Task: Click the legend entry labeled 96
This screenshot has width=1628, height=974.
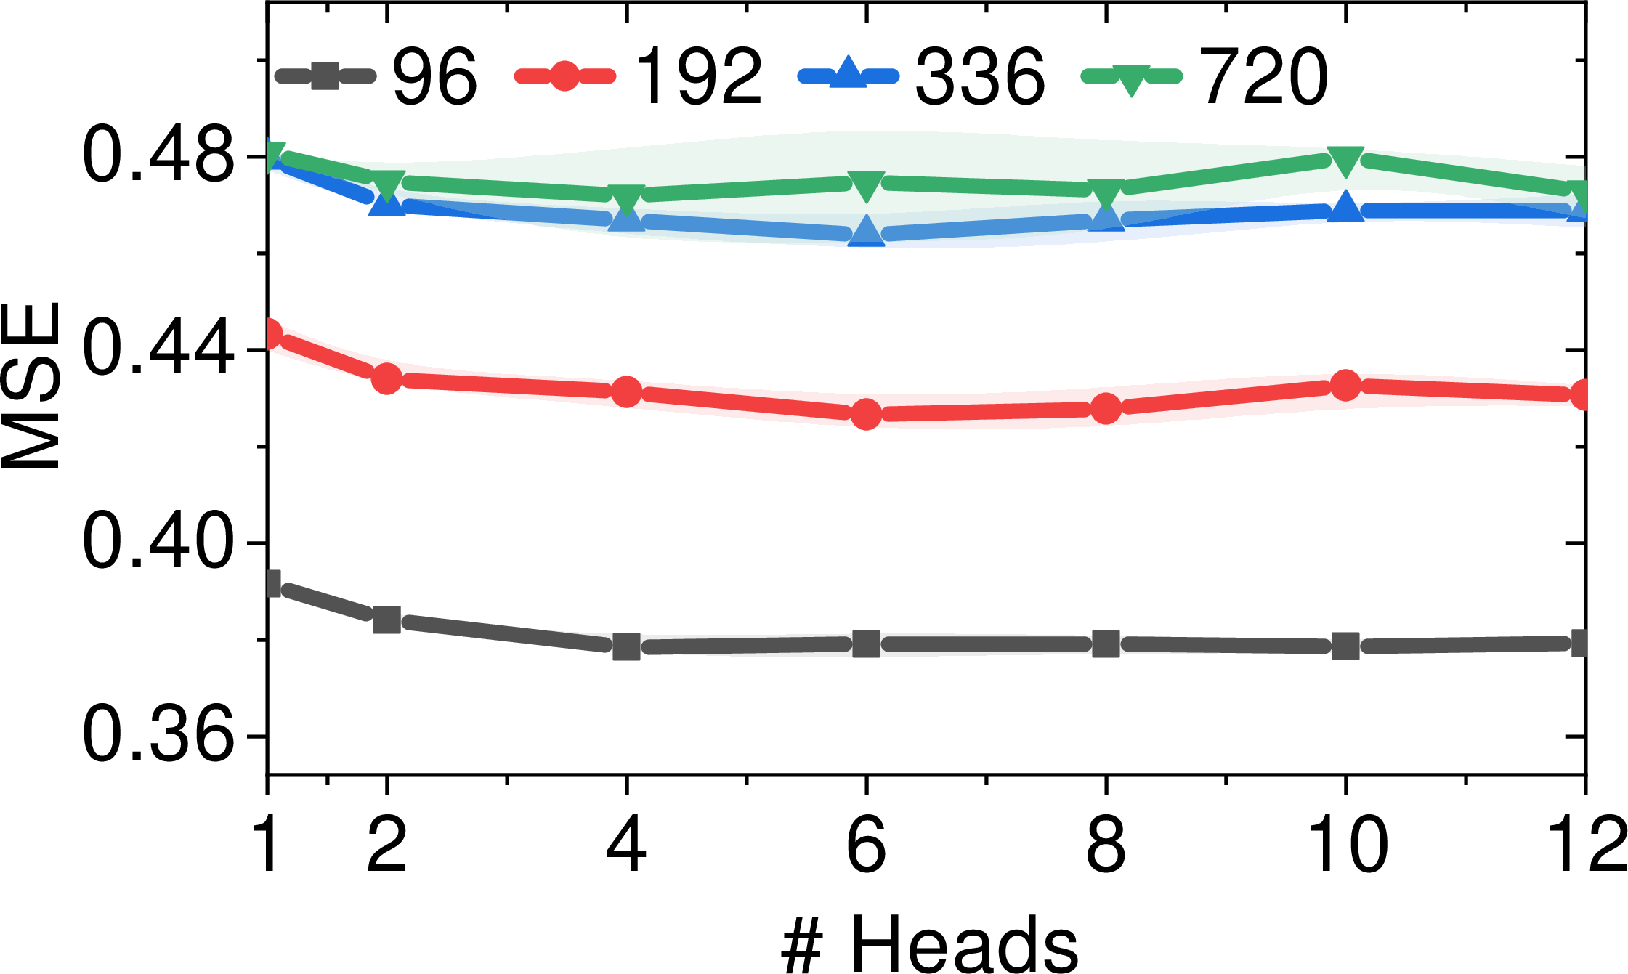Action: (x=376, y=76)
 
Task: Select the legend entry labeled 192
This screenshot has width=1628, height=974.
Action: (x=639, y=76)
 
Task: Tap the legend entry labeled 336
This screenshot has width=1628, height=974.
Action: (x=921, y=76)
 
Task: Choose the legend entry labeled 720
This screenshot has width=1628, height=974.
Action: (x=1204, y=76)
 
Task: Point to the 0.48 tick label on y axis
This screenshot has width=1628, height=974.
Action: (x=159, y=157)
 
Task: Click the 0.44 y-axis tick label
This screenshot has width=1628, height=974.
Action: (x=159, y=350)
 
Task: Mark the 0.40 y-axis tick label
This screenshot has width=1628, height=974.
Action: (x=159, y=543)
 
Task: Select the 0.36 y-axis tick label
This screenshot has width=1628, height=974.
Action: (x=159, y=736)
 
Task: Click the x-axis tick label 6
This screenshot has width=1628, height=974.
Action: (x=866, y=845)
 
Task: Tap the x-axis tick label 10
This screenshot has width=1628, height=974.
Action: (x=1345, y=845)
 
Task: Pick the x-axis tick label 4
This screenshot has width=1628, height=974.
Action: (x=626, y=845)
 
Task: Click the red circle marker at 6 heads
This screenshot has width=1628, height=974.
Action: (x=866, y=414)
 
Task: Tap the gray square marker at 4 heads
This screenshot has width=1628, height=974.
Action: (x=626, y=646)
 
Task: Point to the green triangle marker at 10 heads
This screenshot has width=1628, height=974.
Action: (x=1345, y=160)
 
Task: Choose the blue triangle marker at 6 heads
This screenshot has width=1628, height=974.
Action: (x=866, y=230)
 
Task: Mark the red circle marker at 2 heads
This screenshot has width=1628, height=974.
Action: (x=386, y=378)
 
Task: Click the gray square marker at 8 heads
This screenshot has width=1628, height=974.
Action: (x=1106, y=644)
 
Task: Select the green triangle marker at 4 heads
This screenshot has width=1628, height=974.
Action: (x=626, y=198)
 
